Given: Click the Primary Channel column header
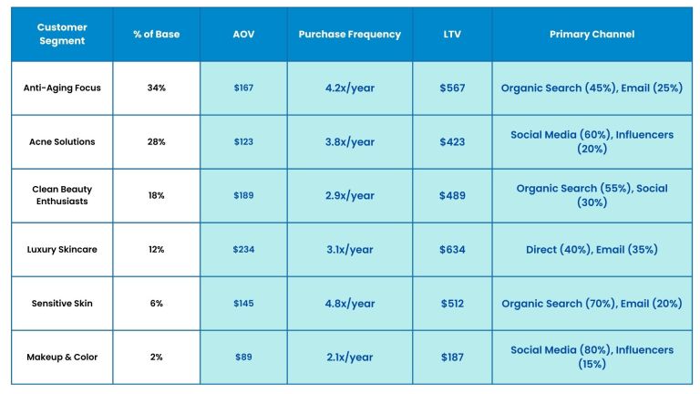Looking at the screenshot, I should (592, 35).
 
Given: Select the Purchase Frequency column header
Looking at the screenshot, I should (349, 35).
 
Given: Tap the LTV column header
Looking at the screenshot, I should (452, 35).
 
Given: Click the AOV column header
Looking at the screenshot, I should (243, 35).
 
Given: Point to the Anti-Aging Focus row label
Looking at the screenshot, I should (62, 88).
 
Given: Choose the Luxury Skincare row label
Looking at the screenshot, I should (62, 250).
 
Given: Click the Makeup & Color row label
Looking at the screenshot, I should (62, 357).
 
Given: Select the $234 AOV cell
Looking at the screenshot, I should (243, 250).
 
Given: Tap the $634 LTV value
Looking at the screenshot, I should (452, 250).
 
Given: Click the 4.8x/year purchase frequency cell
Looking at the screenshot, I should (349, 304).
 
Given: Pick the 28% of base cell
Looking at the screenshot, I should (156, 142).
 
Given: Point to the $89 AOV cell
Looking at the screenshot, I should (243, 357).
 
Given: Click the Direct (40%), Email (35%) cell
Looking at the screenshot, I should (592, 250).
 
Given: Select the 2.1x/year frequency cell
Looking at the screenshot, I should (349, 357).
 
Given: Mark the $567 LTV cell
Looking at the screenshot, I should (452, 88).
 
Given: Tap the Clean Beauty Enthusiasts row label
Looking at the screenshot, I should (62, 195).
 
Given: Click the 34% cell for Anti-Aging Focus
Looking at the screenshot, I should (156, 88).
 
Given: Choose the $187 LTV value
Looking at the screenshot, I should (452, 357).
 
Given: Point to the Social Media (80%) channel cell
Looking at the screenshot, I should (592, 357).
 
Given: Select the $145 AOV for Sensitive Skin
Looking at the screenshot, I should (243, 304).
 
